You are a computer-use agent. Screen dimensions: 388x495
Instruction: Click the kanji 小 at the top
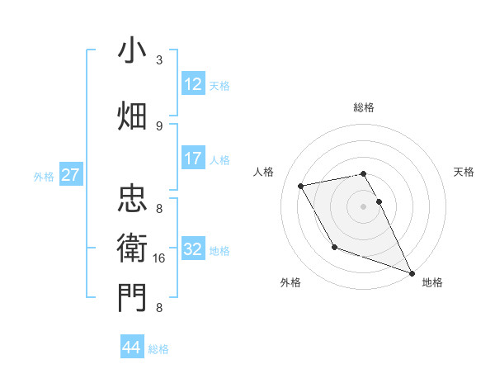point(133,50)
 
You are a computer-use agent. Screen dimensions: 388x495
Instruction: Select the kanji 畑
point(133,116)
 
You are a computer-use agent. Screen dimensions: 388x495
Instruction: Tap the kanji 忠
point(133,199)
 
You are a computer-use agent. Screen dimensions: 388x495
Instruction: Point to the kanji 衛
point(133,248)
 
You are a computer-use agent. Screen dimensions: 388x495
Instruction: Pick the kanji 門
point(133,298)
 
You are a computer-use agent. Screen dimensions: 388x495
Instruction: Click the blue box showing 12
point(193,83)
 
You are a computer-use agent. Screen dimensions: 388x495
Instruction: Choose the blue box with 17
point(193,159)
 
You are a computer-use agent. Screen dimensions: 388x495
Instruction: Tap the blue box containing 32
point(193,249)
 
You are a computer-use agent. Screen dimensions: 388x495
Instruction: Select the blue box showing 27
point(71,174)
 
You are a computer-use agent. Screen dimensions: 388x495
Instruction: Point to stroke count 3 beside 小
point(159,60)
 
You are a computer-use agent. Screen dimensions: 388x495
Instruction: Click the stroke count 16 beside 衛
point(159,258)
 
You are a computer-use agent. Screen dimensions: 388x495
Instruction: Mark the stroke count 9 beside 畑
point(159,125)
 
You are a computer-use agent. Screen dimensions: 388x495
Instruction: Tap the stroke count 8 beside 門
point(159,308)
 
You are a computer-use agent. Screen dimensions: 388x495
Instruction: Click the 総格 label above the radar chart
point(364,107)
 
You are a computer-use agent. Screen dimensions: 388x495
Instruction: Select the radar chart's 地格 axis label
point(432,282)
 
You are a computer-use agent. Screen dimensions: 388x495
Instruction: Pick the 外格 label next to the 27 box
point(44,176)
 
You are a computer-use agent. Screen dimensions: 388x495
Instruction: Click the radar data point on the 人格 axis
point(301,186)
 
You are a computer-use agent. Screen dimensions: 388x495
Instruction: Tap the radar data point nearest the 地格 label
point(412,273)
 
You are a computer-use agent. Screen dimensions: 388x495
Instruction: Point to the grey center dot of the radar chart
point(364,206)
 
